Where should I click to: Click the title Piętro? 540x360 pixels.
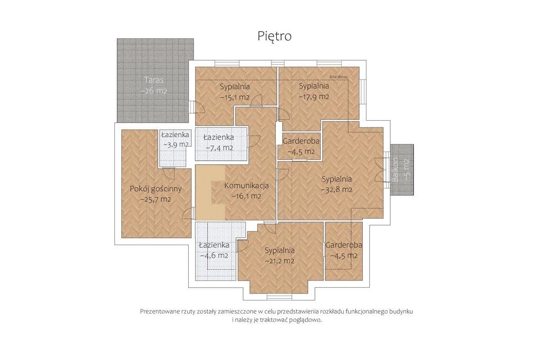pos(274,36)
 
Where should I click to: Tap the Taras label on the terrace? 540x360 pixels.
pos(154,80)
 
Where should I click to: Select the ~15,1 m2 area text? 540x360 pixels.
pos(235,98)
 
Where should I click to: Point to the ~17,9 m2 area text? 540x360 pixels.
pos(314,96)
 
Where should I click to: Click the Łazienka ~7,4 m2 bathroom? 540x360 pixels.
pos(219,142)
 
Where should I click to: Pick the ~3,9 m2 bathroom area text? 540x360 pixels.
pos(176,144)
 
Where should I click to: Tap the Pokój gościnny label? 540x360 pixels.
pos(156,189)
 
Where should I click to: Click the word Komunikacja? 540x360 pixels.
pos(247,186)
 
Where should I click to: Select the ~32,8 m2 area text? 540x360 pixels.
pos(337,190)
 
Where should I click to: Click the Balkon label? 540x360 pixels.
pos(396,169)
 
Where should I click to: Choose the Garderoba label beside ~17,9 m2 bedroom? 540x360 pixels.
pos(301,141)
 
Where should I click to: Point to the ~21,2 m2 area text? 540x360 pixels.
pos(279,261)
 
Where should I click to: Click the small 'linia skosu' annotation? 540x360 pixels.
pos(339,76)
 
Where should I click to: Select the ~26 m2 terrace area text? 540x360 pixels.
pos(154,91)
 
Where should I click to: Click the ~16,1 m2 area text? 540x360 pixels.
pos(246,197)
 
